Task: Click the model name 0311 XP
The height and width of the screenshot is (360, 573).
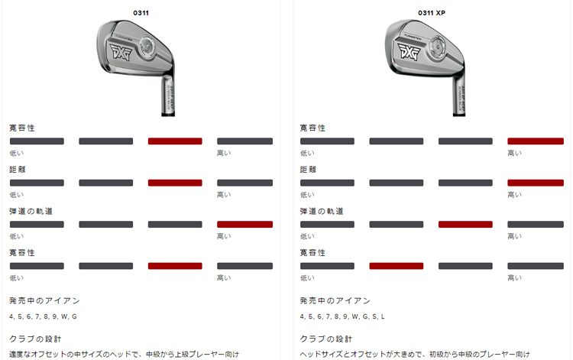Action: pos(432,13)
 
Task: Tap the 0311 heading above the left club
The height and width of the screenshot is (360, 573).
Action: pos(141,13)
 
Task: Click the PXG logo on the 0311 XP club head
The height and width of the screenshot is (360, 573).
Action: pos(410,50)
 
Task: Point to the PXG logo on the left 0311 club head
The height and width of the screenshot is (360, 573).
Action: pos(121,51)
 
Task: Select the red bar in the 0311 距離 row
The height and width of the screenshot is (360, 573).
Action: pos(175,183)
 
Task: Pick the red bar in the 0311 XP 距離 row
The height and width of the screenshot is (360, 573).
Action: pos(536,183)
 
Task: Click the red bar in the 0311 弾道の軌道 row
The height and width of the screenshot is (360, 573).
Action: pos(244,225)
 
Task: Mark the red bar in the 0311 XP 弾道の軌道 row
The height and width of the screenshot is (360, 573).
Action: pos(465,225)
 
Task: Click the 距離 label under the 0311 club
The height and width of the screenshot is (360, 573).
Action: pos(17,170)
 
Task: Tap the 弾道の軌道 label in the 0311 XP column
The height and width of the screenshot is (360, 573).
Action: pos(322,211)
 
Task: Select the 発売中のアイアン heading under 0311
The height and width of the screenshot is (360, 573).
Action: pos(44,301)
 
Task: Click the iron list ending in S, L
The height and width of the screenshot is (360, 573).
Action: pos(342,316)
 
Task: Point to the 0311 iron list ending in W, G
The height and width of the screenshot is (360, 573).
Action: pos(43,316)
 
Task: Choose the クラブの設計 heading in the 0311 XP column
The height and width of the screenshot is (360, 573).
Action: pos(326,339)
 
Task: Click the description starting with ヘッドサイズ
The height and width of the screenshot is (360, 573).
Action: pos(415,354)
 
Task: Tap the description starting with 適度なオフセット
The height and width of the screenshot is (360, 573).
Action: pos(125,354)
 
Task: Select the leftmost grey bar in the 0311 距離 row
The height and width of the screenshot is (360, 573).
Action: pos(37,183)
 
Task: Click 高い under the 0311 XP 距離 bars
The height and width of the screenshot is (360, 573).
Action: pos(514,195)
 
